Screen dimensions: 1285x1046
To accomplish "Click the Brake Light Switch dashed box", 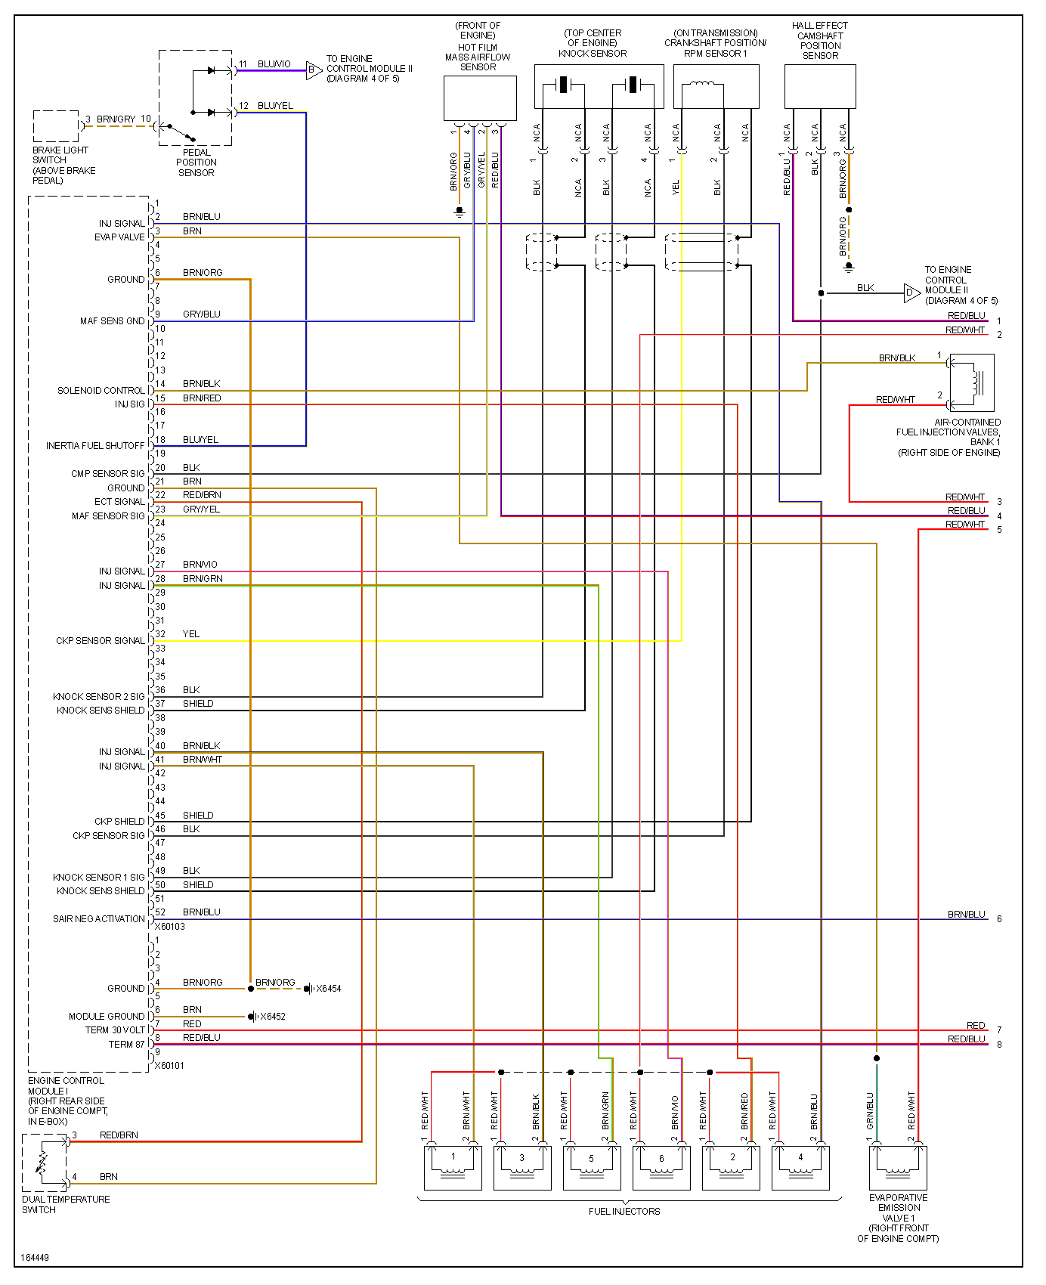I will coord(56,126).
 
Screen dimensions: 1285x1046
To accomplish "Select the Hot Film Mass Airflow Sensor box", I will coord(480,98).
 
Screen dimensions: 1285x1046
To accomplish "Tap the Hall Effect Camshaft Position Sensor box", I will coord(820,86).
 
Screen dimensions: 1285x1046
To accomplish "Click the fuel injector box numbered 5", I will coord(591,1167).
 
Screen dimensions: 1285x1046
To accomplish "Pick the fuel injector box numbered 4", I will coord(800,1167).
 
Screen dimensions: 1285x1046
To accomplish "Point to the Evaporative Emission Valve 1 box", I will coord(898,1167).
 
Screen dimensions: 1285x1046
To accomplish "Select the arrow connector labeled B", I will coord(314,71).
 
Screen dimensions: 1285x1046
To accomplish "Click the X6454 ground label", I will coord(328,989).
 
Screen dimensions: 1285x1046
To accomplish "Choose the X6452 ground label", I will coord(273,1017).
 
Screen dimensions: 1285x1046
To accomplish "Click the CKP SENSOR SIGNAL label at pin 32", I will coord(100,641).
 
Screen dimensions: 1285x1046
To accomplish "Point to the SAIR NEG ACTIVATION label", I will coord(98,919).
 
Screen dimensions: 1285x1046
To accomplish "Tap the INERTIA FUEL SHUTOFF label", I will coord(94,446).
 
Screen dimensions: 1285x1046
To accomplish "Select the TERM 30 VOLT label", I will coord(114,1030).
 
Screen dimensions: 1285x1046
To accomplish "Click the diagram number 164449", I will coord(35,1258).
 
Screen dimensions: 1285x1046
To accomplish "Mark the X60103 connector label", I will coord(170,927).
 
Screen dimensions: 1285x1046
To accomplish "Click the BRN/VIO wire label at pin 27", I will coord(200,565).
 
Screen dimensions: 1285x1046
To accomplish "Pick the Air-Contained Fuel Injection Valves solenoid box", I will coord(971,383).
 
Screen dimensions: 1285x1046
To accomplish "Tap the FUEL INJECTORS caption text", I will coord(624,1212).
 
